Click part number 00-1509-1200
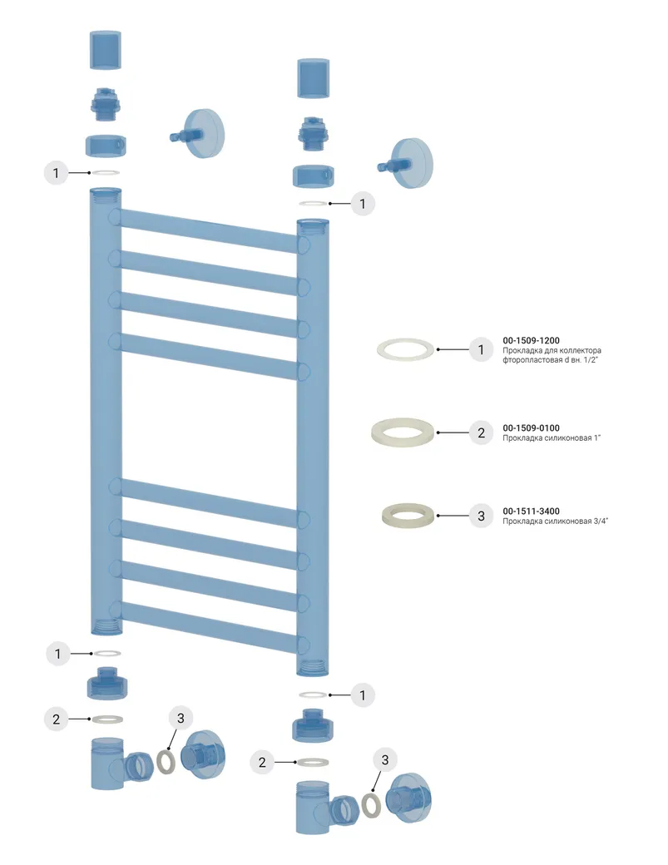(531, 340)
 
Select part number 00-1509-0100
(531, 428)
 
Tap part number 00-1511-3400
(531, 511)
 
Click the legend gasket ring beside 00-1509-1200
(406, 349)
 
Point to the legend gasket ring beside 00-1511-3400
(408, 516)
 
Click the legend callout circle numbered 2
(480, 432)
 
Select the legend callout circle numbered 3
(480, 516)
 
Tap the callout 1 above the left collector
(56, 173)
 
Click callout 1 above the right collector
(362, 203)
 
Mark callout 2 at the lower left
(57, 719)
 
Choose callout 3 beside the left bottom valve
(182, 717)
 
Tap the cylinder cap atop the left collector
(106, 51)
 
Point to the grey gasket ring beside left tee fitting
(166, 760)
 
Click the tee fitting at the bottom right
(314, 807)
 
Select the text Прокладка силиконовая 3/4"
(550, 521)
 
